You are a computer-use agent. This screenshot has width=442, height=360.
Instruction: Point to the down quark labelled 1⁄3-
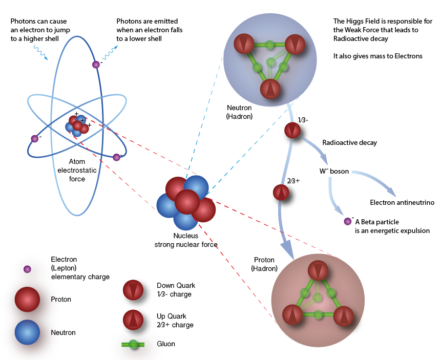click(292, 131)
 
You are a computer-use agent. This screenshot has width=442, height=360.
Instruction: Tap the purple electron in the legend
click(27, 269)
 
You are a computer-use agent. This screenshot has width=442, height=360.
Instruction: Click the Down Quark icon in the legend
click(134, 291)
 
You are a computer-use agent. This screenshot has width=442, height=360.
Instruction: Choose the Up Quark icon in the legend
click(134, 320)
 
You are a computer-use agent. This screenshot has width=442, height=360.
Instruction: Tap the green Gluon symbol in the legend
click(134, 344)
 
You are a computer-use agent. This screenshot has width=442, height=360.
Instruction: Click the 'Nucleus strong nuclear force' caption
click(186, 240)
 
